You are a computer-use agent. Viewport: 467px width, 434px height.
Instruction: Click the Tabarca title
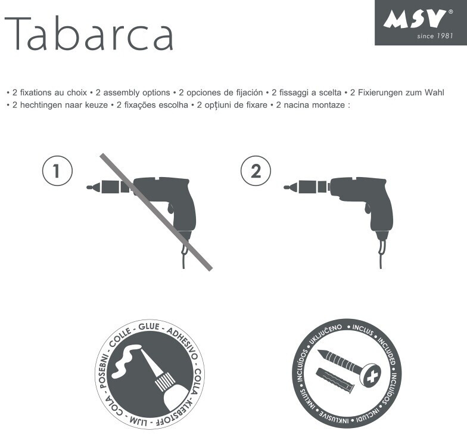click(x=89, y=34)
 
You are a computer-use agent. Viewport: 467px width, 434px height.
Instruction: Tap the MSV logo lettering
click(x=415, y=20)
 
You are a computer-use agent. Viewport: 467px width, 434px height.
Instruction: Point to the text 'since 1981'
click(x=435, y=36)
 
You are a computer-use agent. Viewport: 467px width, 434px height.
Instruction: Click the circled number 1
click(x=57, y=170)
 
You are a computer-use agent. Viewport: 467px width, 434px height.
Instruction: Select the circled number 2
click(x=256, y=170)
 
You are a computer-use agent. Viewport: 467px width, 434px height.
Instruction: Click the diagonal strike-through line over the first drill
click(x=156, y=212)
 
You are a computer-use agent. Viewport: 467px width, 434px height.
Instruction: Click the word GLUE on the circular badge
click(x=149, y=327)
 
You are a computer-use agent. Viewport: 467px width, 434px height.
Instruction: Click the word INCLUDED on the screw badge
click(x=387, y=351)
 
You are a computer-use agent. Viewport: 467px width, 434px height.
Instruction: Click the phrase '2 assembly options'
click(x=133, y=93)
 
